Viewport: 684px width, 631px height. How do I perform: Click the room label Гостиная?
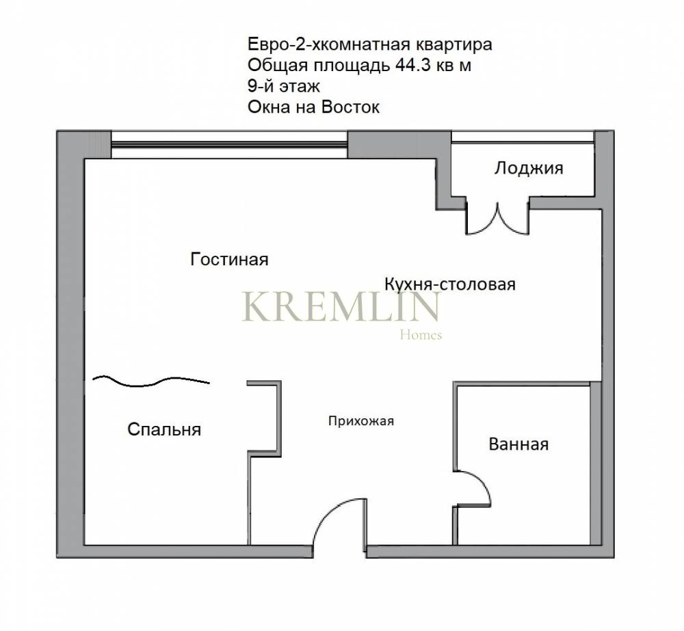coord(229,260)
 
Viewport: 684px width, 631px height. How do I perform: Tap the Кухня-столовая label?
coord(450,284)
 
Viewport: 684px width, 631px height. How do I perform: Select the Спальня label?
coord(164,429)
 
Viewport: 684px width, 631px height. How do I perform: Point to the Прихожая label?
coord(361,421)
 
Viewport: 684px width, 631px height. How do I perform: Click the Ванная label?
coord(518,444)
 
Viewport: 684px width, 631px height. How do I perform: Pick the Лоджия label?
coord(529,168)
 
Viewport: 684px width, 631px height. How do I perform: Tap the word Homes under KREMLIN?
coord(421,335)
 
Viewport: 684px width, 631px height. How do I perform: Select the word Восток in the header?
coord(350,107)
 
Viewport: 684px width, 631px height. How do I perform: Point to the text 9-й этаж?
coord(284,86)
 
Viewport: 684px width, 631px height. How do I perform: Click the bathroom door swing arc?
coord(484,481)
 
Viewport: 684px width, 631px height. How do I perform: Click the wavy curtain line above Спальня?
coord(151,381)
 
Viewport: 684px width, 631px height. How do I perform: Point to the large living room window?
coord(229,144)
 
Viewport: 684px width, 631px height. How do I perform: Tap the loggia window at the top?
coord(523,137)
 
